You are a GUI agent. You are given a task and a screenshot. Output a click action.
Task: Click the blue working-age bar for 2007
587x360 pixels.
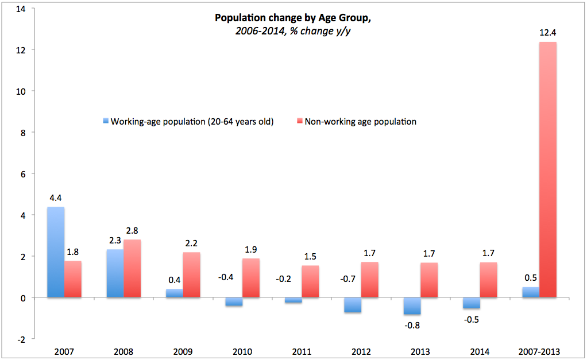click(55, 252)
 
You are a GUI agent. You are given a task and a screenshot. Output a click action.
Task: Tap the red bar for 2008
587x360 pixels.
click(132, 268)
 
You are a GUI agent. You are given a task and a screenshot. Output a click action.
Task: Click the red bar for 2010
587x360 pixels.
click(250, 278)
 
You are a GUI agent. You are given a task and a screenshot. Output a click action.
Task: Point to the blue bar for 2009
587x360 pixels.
click(174, 293)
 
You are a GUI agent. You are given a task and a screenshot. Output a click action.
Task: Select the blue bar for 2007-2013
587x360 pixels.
click(531, 292)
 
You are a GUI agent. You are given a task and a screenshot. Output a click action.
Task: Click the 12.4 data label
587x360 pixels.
click(547, 33)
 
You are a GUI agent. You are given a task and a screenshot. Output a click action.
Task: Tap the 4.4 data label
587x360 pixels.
click(56, 198)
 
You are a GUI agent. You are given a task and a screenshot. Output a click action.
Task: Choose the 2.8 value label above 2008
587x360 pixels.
click(132, 231)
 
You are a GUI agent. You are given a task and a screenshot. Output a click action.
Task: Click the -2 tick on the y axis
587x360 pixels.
click(22, 339)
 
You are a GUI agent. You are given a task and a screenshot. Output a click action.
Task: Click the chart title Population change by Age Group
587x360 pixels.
click(293, 18)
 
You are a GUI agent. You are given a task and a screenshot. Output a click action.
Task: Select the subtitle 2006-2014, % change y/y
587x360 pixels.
click(293, 30)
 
